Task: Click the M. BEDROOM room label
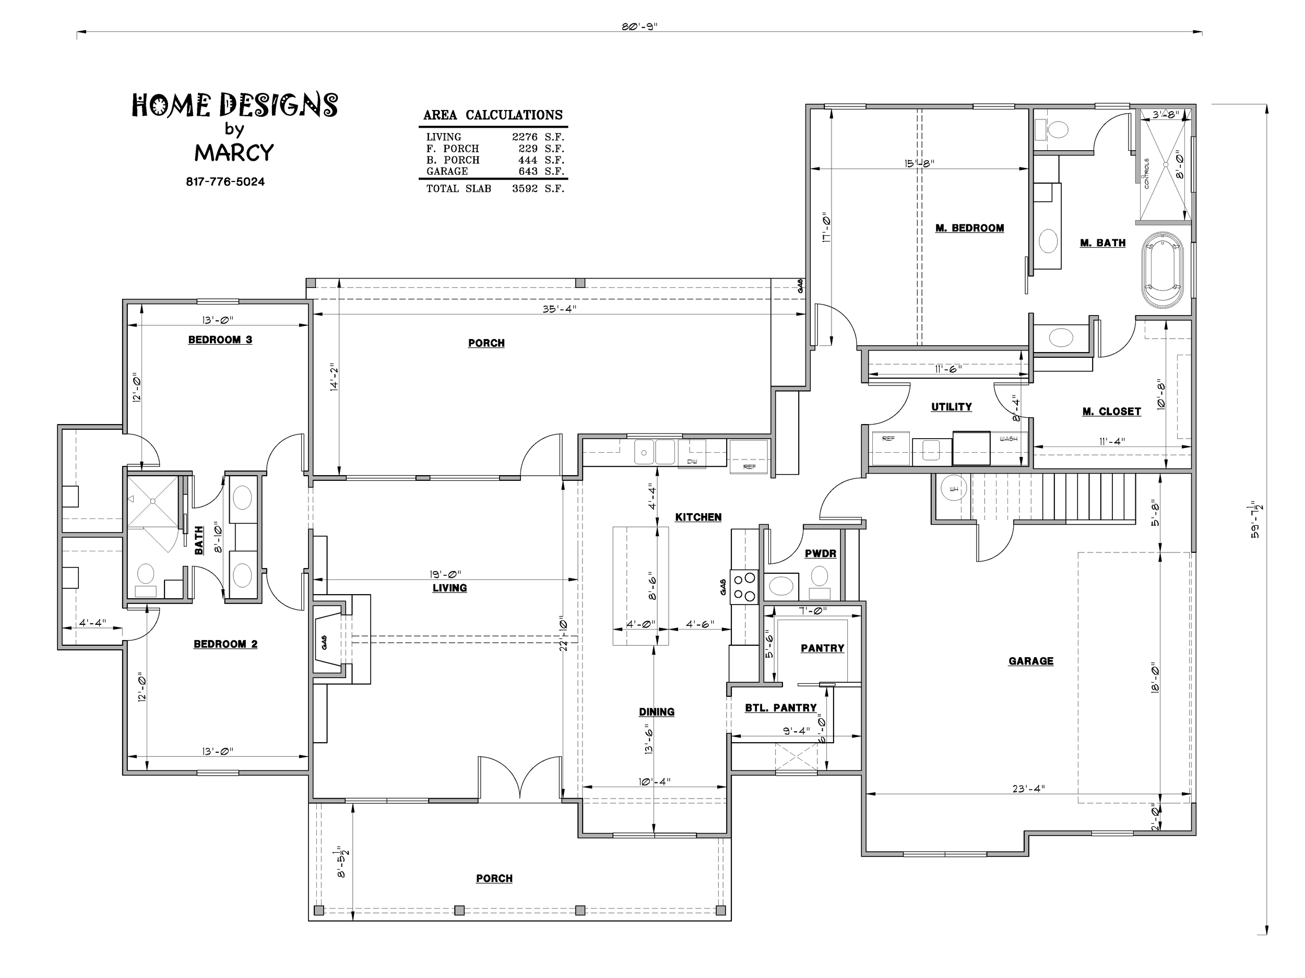[969, 228]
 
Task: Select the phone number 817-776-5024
[226, 182]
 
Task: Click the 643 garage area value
[528, 171]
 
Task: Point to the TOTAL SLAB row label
[459, 189]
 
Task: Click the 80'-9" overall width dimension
[639, 27]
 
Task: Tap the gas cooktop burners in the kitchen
[744, 587]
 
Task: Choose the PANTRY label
[822, 648]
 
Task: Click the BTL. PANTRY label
[780, 707]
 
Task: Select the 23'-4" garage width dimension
[1029, 788]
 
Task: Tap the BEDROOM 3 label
[220, 340]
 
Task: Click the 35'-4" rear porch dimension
[559, 308]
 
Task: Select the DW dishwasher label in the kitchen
[692, 462]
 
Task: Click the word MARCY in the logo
[234, 153]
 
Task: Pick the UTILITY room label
[952, 407]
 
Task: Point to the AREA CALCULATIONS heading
[493, 115]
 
